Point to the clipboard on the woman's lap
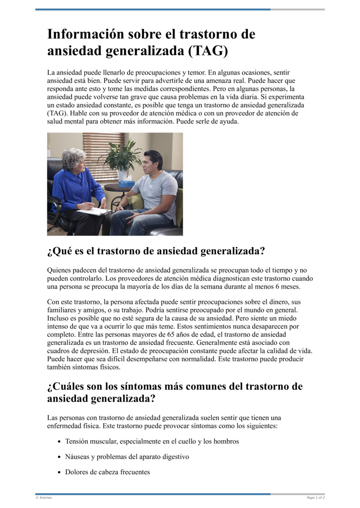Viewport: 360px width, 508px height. coord(94,211)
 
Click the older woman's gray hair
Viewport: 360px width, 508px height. coord(73,159)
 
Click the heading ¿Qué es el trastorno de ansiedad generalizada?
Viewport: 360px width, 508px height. coord(156,251)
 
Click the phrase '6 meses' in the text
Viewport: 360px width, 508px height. coord(288,286)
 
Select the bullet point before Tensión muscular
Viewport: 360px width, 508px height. coord(59,441)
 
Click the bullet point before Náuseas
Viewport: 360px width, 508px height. coord(59,457)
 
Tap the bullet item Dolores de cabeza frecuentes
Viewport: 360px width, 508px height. coord(107,472)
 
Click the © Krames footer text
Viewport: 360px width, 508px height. coord(44,498)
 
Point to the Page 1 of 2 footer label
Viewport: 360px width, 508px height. coord(315,498)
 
